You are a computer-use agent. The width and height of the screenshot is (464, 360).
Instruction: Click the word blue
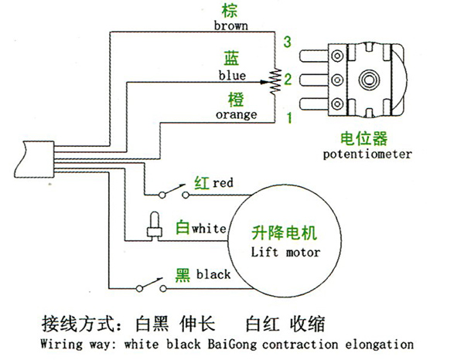point(232,76)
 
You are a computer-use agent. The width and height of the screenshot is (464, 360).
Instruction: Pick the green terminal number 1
point(288,117)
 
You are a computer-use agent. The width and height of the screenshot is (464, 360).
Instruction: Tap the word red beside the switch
point(223,183)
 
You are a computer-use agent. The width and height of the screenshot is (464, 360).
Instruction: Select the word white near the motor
point(210,229)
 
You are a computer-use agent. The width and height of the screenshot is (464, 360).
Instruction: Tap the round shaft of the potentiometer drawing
point(370,80)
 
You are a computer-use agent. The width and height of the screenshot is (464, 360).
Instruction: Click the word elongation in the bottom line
point(379,344)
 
